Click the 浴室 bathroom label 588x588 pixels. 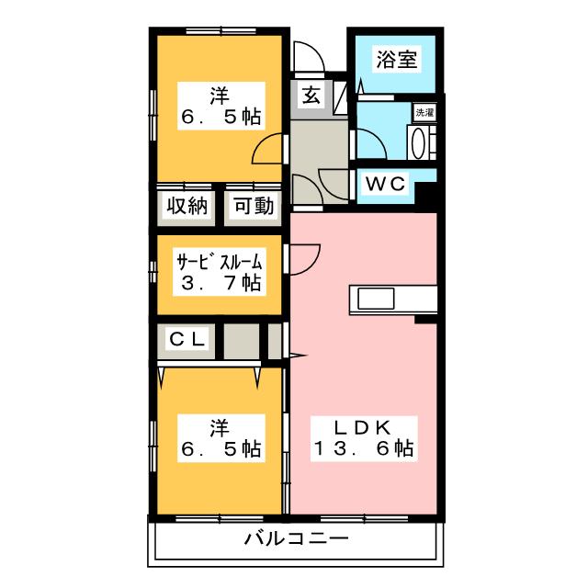396,59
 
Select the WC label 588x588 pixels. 386,184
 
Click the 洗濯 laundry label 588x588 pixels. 424,112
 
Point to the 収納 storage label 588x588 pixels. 187,206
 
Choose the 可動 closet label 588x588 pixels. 254,206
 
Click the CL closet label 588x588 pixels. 187,339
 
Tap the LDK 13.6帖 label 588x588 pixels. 364,438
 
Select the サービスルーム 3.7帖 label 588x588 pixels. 220,272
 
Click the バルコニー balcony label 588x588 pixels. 296,539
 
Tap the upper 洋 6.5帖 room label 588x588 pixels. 220,106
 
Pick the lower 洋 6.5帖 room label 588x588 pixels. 220,438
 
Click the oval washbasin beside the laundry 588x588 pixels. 418,143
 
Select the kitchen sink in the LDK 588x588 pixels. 376,299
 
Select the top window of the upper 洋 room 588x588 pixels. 220,30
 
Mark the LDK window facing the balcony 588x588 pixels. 364,518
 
